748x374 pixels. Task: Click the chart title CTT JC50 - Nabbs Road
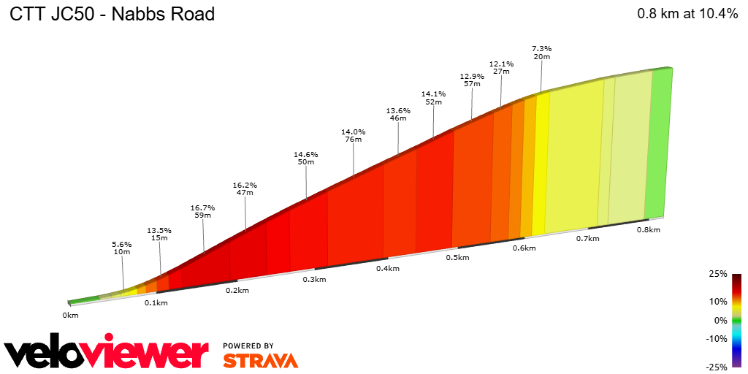[112, 15]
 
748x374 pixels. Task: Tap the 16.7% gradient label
[202, 212]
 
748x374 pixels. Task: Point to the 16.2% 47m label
[245, 188]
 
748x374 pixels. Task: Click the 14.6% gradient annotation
[306, 158]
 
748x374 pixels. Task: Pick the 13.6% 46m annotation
[398, 114]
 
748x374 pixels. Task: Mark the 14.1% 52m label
[433, 98]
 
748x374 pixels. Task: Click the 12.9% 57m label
[472, 80]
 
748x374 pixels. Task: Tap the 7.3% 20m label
[541, 52]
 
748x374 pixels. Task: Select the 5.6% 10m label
[121, 248]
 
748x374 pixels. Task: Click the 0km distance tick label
[70, 315]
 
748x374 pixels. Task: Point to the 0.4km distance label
[387, 268]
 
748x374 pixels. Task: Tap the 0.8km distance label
[648, 229]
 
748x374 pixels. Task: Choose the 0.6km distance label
[524, 248]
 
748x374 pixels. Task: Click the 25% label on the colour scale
[718, 274]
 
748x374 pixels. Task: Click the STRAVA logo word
[260, 360]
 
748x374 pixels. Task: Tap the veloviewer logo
[107, 353]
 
